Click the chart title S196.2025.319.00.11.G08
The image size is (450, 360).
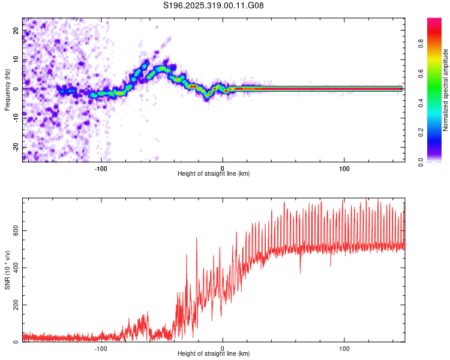[x=214, y=5]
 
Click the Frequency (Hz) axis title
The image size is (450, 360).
[x=7, y=89]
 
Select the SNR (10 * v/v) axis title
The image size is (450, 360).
[x=8, y=269]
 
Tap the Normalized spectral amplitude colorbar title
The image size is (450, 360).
[x=446, y=91]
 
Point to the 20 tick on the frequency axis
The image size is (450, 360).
[x=16, y=30]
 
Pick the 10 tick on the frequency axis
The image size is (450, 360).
[x=16, y=59]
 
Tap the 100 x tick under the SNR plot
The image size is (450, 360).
[x=344, y=348]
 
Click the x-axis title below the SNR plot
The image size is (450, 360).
[x=214, y=355]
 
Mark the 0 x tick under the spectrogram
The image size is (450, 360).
[x=223, y=167]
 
